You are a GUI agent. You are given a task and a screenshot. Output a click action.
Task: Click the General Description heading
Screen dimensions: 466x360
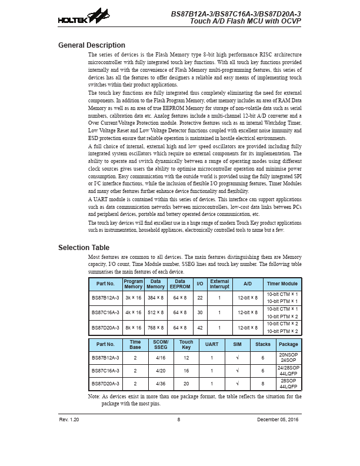tap(91, 45)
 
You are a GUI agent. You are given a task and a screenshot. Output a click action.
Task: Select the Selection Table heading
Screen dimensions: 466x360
tap(84, 248)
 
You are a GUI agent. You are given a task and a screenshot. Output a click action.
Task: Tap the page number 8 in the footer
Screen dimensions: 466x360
tap(178, 420)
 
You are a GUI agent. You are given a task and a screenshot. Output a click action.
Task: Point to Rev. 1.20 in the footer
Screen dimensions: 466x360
tap(69, 420)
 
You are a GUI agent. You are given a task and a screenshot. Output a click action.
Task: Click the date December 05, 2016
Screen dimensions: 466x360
tap(278, 420)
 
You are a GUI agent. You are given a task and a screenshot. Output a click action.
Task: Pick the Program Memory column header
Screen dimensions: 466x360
tap(134, 284)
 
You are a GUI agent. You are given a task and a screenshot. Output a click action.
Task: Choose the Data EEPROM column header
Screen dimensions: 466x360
tap(177, 284)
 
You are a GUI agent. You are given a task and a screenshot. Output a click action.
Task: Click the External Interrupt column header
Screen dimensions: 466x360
tap(219, 284)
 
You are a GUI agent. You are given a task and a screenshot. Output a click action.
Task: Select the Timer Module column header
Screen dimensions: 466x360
tap(282, 284)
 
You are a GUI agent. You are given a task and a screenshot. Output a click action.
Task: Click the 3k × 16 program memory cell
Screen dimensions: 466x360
tap(134, 298)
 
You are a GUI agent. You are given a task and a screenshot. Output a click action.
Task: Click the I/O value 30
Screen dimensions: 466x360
tap(200, 312)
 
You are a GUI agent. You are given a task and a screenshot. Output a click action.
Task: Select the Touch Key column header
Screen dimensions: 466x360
tap(186, 344)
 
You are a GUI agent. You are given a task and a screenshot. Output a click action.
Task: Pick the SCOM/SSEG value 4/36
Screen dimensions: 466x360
tap(160, 384)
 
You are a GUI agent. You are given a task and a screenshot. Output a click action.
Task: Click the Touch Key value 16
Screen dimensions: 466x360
tap(186, 370)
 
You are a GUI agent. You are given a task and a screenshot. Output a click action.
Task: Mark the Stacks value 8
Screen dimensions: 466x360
tap(263, 384)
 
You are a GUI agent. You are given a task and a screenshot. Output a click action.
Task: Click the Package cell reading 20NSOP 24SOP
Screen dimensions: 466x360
tap(288, 357)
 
